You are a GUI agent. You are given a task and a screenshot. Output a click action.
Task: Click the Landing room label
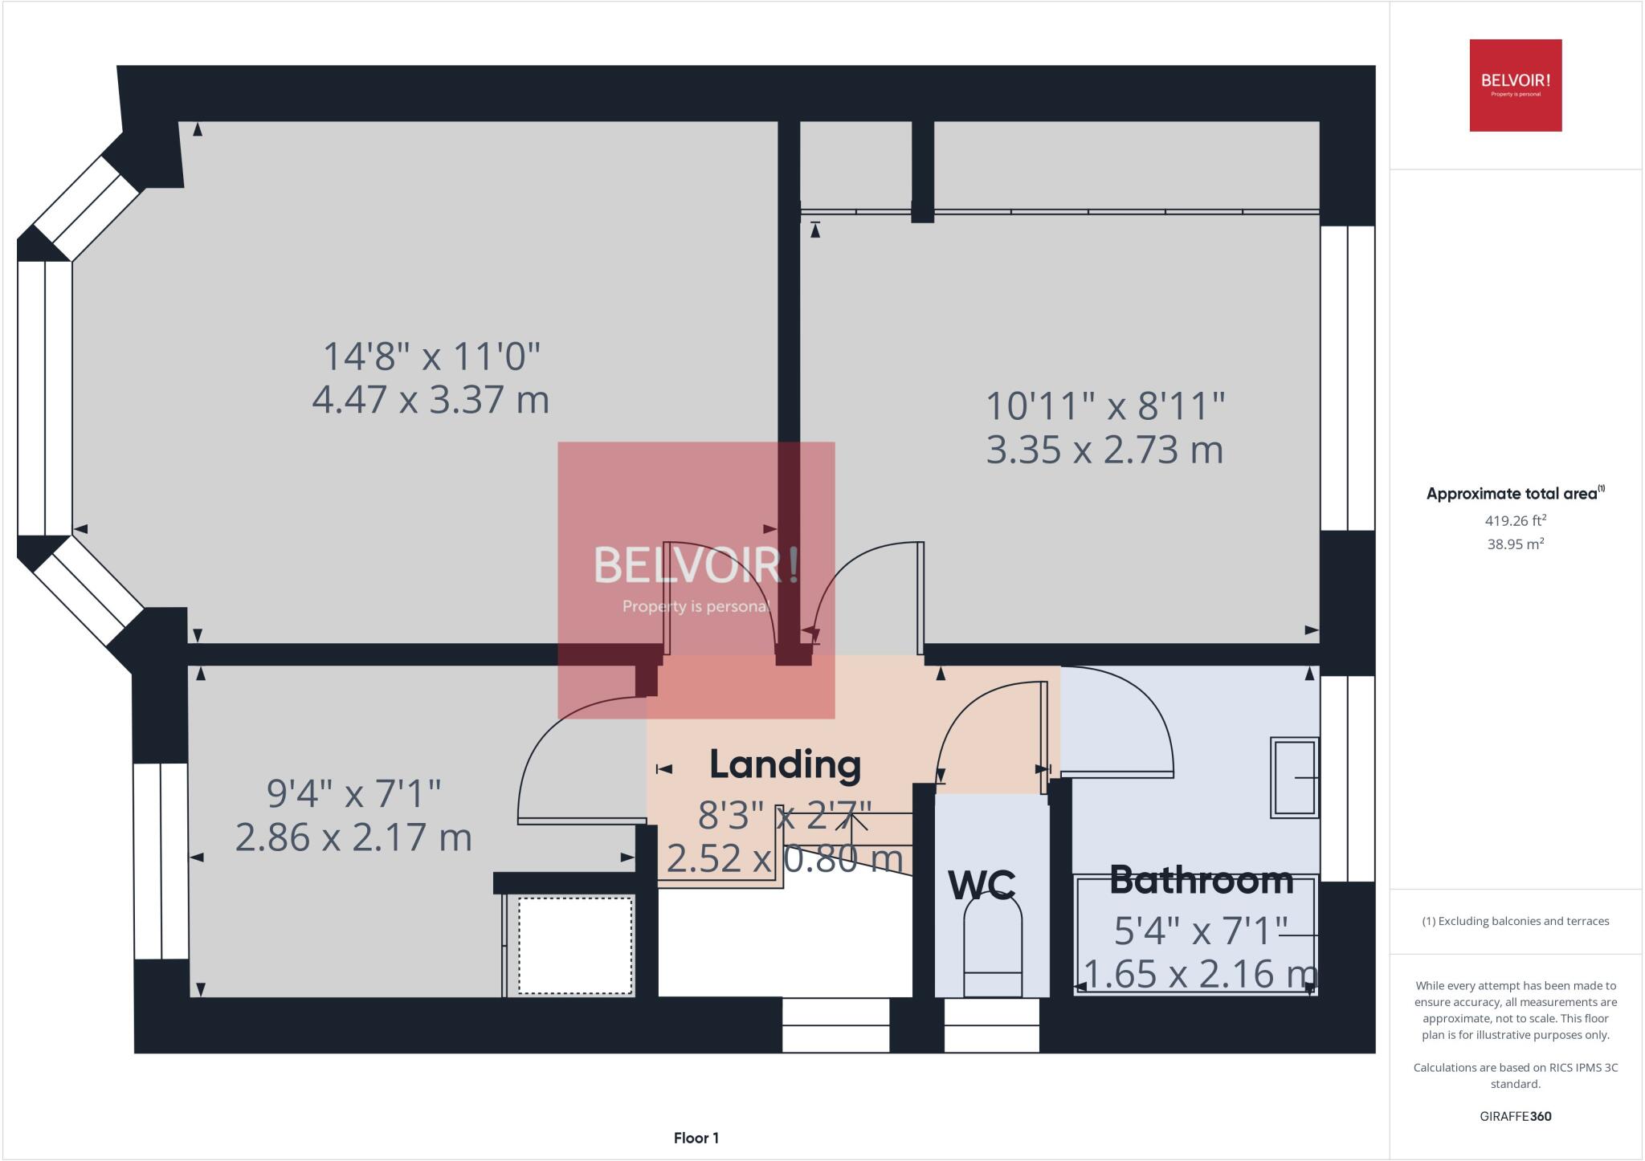click(x=785, y=764)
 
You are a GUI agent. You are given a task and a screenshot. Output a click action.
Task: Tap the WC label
click(x=982, y=885)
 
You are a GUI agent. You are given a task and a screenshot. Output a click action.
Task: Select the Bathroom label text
click(x=1201, y=881)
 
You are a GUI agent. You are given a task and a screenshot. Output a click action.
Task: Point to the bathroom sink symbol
click(x=1294, y=777)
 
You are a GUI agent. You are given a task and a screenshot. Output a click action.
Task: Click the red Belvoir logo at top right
click(x=1515, y=85)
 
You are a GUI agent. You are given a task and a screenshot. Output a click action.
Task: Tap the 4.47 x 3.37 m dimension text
click(x=431, y=399)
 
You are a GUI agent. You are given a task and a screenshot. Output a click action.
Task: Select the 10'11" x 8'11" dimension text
click(x=1105, y=406)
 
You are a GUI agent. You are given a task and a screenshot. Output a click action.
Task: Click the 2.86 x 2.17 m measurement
click(x=353, y=837)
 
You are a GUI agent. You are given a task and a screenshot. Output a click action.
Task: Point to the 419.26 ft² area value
click(x=1515, y=520)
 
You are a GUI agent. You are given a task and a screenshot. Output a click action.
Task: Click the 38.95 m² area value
click(x=1515, y=544)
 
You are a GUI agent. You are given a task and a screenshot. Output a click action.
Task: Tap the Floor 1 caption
click(x=696, y=1138)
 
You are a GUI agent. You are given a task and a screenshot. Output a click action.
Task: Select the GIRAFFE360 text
click(x=1515, y=1116)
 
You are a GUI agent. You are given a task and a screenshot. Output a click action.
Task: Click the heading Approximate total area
click(x=1513, y=494)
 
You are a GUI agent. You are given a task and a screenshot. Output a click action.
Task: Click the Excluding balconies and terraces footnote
click(x=1515, y=921)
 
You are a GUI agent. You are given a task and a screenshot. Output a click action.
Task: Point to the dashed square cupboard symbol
click(x=575, y=945)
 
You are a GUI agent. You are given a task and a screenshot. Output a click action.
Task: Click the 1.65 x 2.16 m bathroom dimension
click(x=1199, y=973)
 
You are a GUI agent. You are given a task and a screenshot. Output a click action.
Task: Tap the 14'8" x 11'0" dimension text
click(x=431, y=356)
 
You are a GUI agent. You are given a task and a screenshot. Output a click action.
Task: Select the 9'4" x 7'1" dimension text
click(x=353, y=794)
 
